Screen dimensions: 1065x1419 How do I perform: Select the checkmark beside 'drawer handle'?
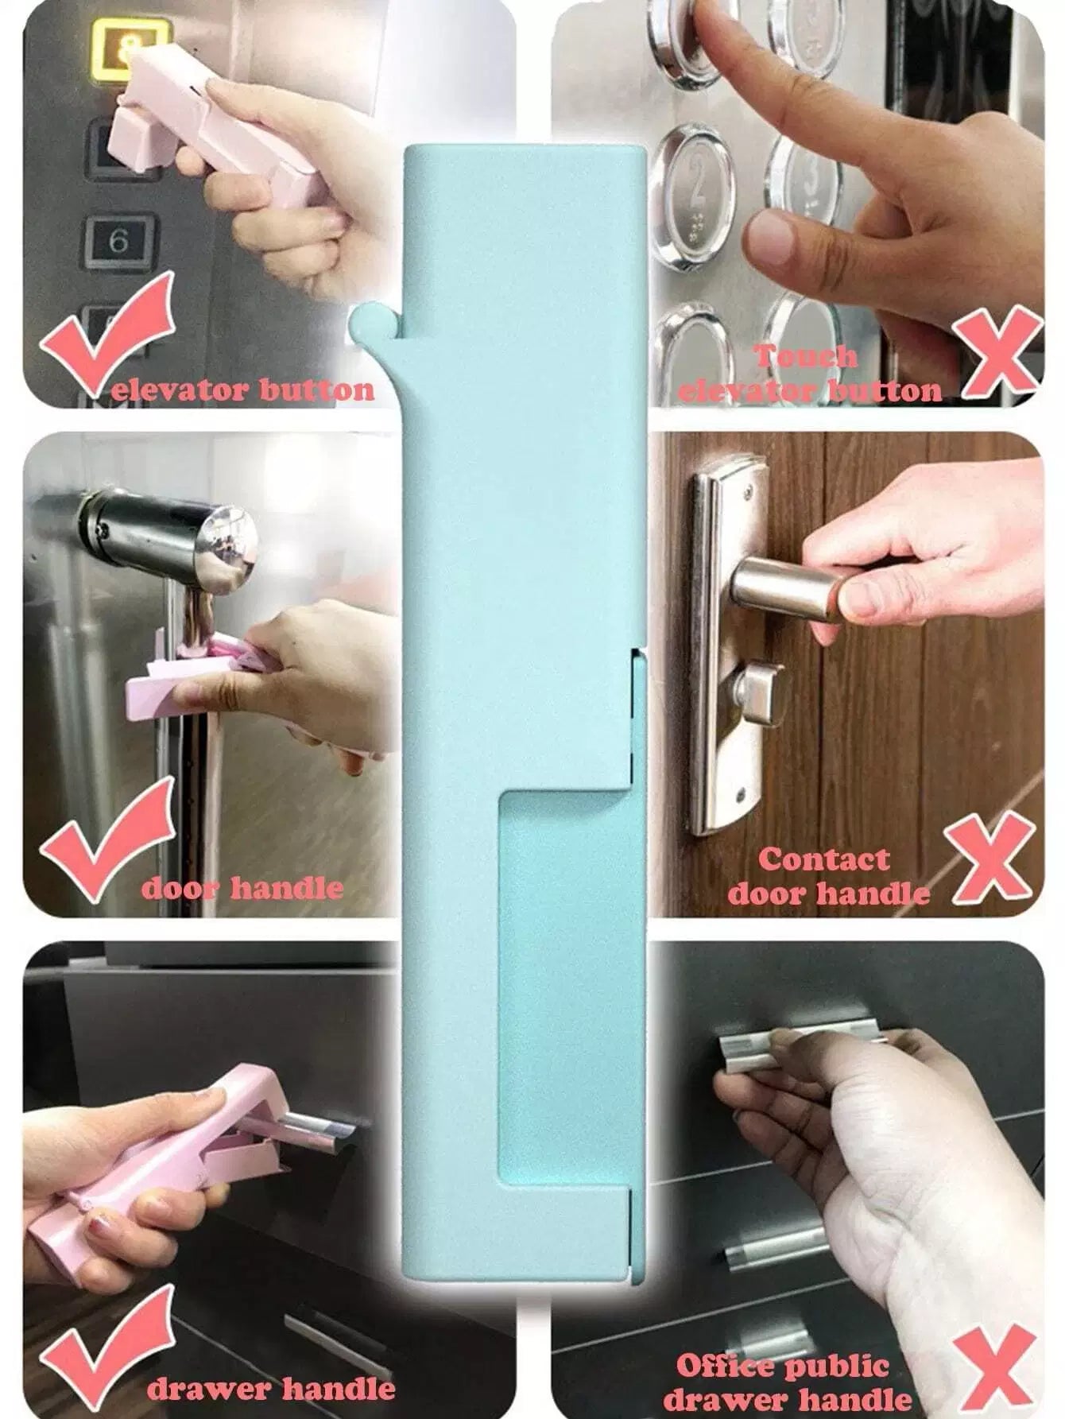point(106,1343)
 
